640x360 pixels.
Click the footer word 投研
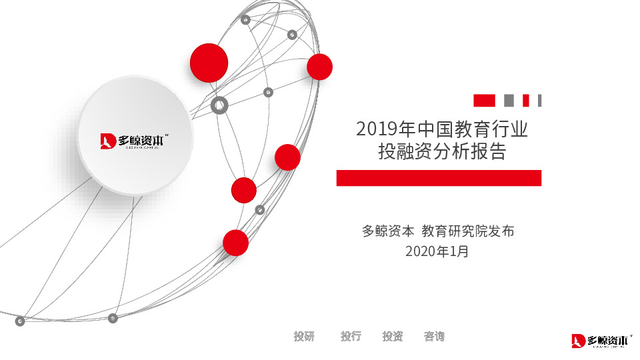point(304,337)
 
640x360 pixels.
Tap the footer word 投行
point(351,337)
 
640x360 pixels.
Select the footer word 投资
point(393,337)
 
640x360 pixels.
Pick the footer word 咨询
point(434,337)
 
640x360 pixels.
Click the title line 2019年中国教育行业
point(442,129)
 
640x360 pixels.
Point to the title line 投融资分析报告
point(442,152)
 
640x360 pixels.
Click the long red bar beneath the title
point(439,178)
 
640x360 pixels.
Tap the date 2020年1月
point(437,251)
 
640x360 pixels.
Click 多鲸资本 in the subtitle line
point(389,231)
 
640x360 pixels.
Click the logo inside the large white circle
point(135,141)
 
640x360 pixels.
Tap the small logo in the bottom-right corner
point(601,341)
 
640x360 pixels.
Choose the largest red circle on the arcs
point(209,63)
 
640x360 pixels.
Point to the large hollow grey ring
point(219,105)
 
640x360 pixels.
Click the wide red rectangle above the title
point(484,101)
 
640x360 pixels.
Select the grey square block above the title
point(509,101)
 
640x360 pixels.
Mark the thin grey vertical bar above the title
point(539,101)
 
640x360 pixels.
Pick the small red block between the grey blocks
point(525,101)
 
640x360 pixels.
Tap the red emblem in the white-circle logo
point(108,141)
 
